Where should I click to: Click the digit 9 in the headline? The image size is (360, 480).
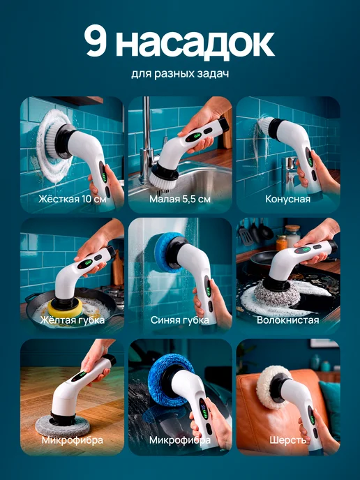tap(96, 40)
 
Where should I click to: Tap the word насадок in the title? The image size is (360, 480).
tap(195, 43)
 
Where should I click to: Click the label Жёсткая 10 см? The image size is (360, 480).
tap(73, 199)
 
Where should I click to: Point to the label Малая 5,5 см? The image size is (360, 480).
tap(180, 199)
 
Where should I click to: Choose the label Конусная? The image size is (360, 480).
tap(287, 199)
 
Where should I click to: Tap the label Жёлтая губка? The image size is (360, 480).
tap(73, 320)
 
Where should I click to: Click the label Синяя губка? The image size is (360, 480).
tap(180, 320)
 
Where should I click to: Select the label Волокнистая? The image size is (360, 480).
tap(287, 320)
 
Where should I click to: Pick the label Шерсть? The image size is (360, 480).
tap(287, 440)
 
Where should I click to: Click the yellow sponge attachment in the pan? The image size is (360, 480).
tap(66, 308)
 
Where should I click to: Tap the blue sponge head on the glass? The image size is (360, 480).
tap(167, 253)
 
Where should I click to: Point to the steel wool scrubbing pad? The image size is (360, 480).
tap(278, 293)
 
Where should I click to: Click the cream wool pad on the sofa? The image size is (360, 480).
tap(269, 387)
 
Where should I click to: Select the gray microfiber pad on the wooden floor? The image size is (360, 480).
tap(63, 426)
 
